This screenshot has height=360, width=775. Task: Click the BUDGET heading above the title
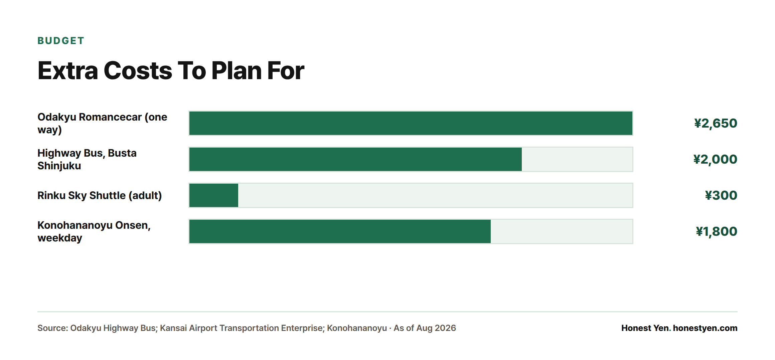[60, 41]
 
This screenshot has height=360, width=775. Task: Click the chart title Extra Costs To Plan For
[171, 71]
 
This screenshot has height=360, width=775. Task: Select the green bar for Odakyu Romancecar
[411, 123]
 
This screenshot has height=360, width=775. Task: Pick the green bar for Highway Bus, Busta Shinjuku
[355, 159]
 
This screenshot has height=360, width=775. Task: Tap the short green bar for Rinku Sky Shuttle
[214, 195]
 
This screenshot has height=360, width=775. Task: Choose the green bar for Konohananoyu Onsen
[340, 231]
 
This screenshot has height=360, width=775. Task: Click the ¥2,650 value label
[716, 124]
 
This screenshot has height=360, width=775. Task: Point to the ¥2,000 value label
[715, 160]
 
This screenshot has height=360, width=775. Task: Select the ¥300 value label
[721, 195]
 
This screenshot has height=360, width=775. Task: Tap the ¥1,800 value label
[717, 232]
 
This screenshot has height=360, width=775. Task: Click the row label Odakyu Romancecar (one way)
[102, 123]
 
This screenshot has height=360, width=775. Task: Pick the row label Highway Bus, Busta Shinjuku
[87, 159]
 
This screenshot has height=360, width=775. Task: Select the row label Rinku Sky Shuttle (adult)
[100, 195]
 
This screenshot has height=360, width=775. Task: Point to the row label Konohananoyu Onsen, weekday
[94, 231]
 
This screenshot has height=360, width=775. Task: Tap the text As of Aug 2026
[425, 328]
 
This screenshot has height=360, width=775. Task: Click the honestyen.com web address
[705, 328]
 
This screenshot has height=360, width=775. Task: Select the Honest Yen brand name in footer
[646, 328]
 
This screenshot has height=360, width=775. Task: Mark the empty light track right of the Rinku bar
[435, 195]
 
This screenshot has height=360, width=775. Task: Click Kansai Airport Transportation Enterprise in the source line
[241, 328]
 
